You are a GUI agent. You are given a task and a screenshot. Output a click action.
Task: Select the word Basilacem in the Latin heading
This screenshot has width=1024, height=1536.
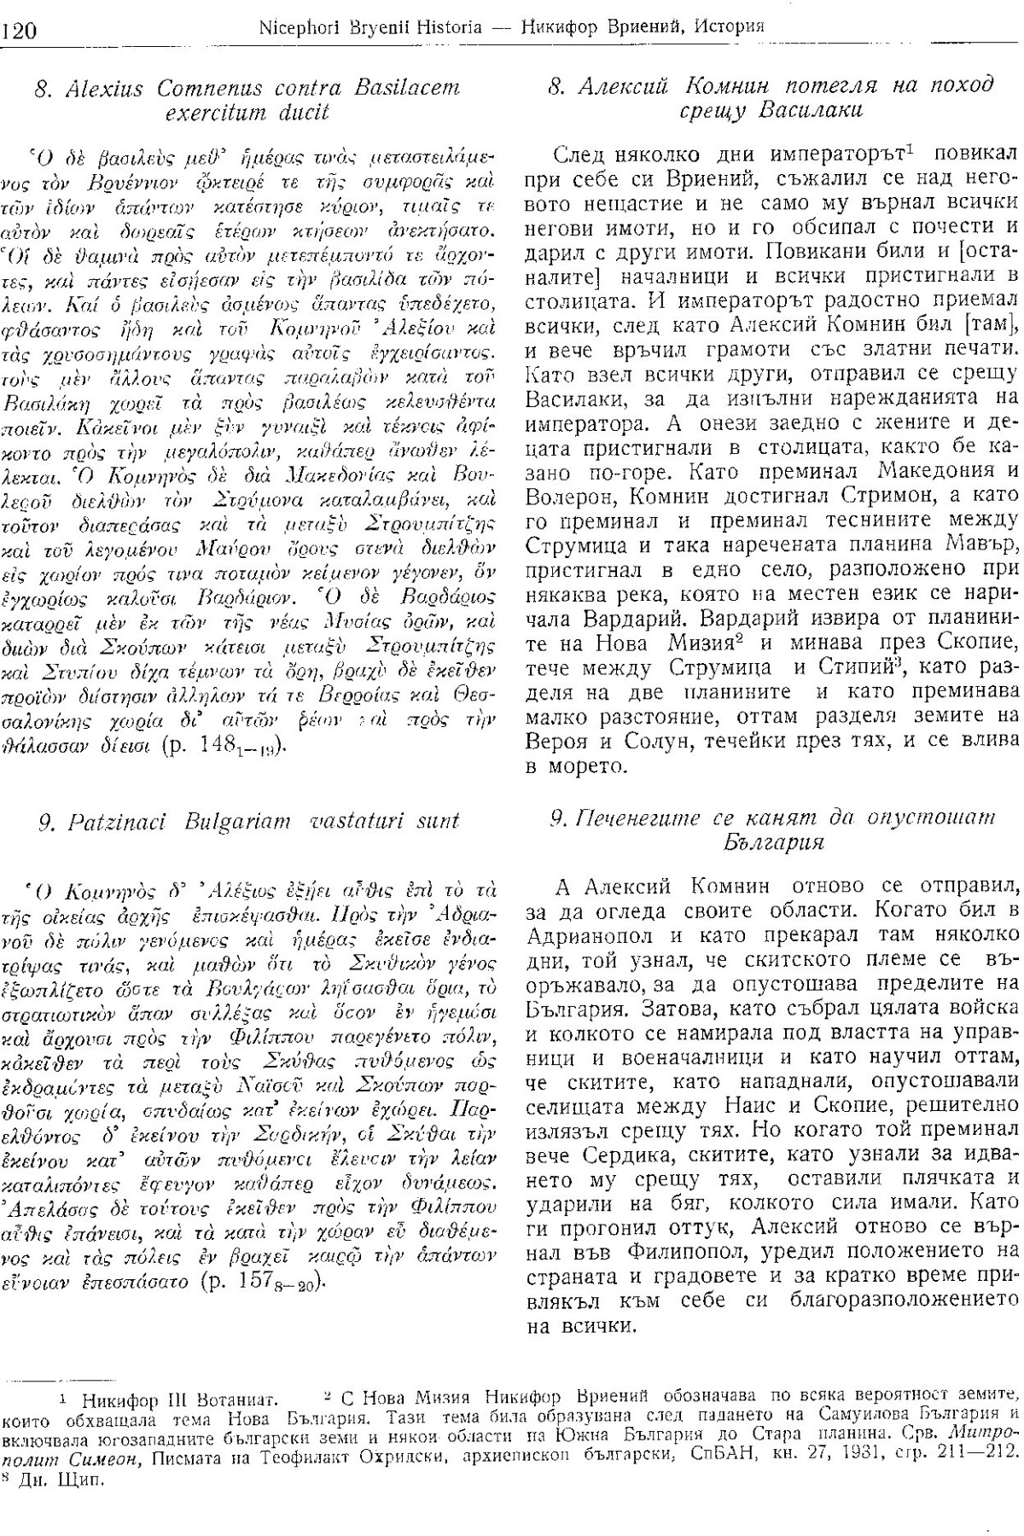pyautogui.click(x=410, y=87)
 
